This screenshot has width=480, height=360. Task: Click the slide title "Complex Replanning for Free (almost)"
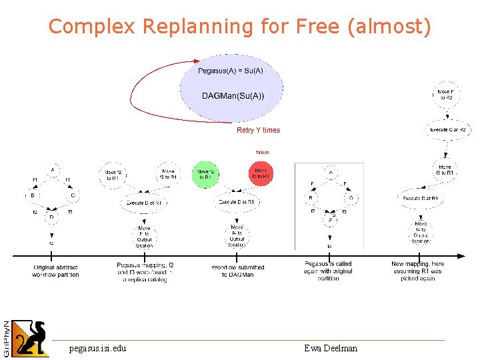tap(240, 27)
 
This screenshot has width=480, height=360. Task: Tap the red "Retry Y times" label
tap(258, 131)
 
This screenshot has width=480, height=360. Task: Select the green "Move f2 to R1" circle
tap(205, 174)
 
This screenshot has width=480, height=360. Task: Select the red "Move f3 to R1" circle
tap(261, 174)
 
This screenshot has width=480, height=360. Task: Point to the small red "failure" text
tap(263, 152)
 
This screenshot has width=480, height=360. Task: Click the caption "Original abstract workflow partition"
tap(55, 271)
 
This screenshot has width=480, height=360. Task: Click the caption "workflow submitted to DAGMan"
tap(237, 271)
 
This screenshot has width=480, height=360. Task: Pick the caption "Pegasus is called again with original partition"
tap(328, 271)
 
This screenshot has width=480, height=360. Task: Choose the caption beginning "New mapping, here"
tap(417, 271)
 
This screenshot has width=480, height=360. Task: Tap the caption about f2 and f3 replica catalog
tap(145, 272)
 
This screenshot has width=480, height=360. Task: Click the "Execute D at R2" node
tap(447, 129)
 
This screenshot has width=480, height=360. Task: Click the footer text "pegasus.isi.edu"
tap(97, 348)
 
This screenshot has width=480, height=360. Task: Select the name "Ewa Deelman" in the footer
tap(331, 348)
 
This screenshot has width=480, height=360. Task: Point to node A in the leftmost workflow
tap(52, 170)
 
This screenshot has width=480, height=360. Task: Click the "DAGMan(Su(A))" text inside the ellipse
tap(233, 97)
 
